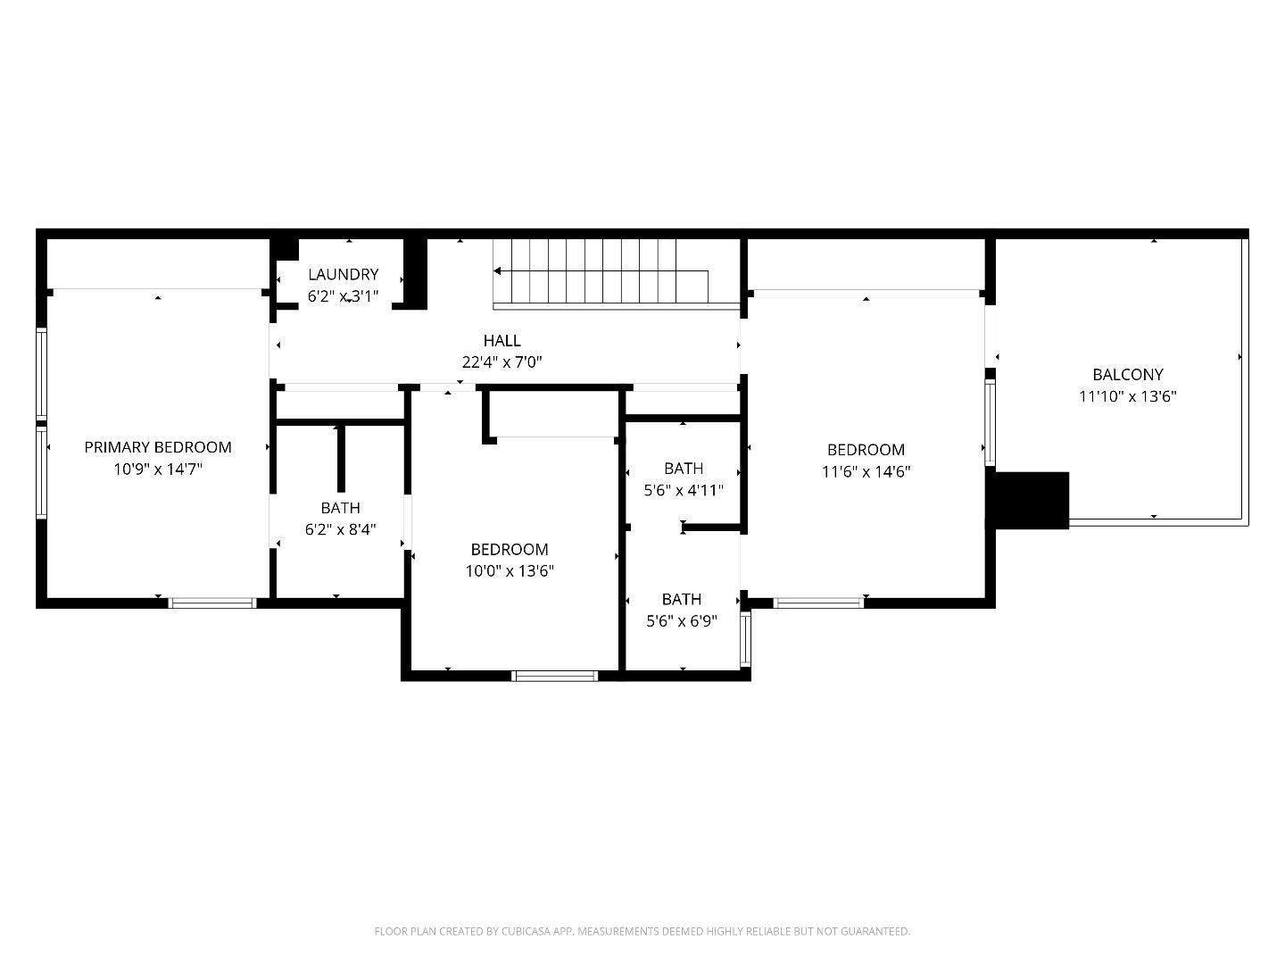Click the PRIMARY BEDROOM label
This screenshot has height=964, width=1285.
click(158, 447)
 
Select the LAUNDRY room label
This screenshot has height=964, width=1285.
click(343, 274)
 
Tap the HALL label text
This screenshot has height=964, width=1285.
click(502, 340)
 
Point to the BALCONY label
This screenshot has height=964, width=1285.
click(1127, 375)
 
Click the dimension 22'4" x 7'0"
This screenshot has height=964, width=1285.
click(502, 362)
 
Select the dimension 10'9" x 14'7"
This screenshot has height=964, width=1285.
click(158, 470)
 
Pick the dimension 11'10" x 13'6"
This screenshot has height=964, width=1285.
click(1127, 397)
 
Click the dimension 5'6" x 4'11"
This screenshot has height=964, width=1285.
click(684, 490)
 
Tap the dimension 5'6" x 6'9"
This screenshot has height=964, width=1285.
click(682, 621)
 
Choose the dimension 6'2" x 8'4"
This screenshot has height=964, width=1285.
click(340, 529)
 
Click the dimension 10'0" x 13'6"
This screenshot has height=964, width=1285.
click(510, 571)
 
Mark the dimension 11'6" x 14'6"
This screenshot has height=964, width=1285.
click(866, 472)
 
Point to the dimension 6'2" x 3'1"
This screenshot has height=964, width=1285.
click(343, 296)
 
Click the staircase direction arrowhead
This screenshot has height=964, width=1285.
click(498, 270)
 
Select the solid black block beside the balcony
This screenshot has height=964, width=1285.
click(1032, 500)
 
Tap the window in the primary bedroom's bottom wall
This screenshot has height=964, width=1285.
click(212, 603)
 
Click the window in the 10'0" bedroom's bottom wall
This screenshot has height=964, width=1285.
click(554, 676)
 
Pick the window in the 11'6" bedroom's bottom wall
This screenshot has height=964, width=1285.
click(818, 603)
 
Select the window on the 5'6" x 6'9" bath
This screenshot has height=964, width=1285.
click(746, 639)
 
